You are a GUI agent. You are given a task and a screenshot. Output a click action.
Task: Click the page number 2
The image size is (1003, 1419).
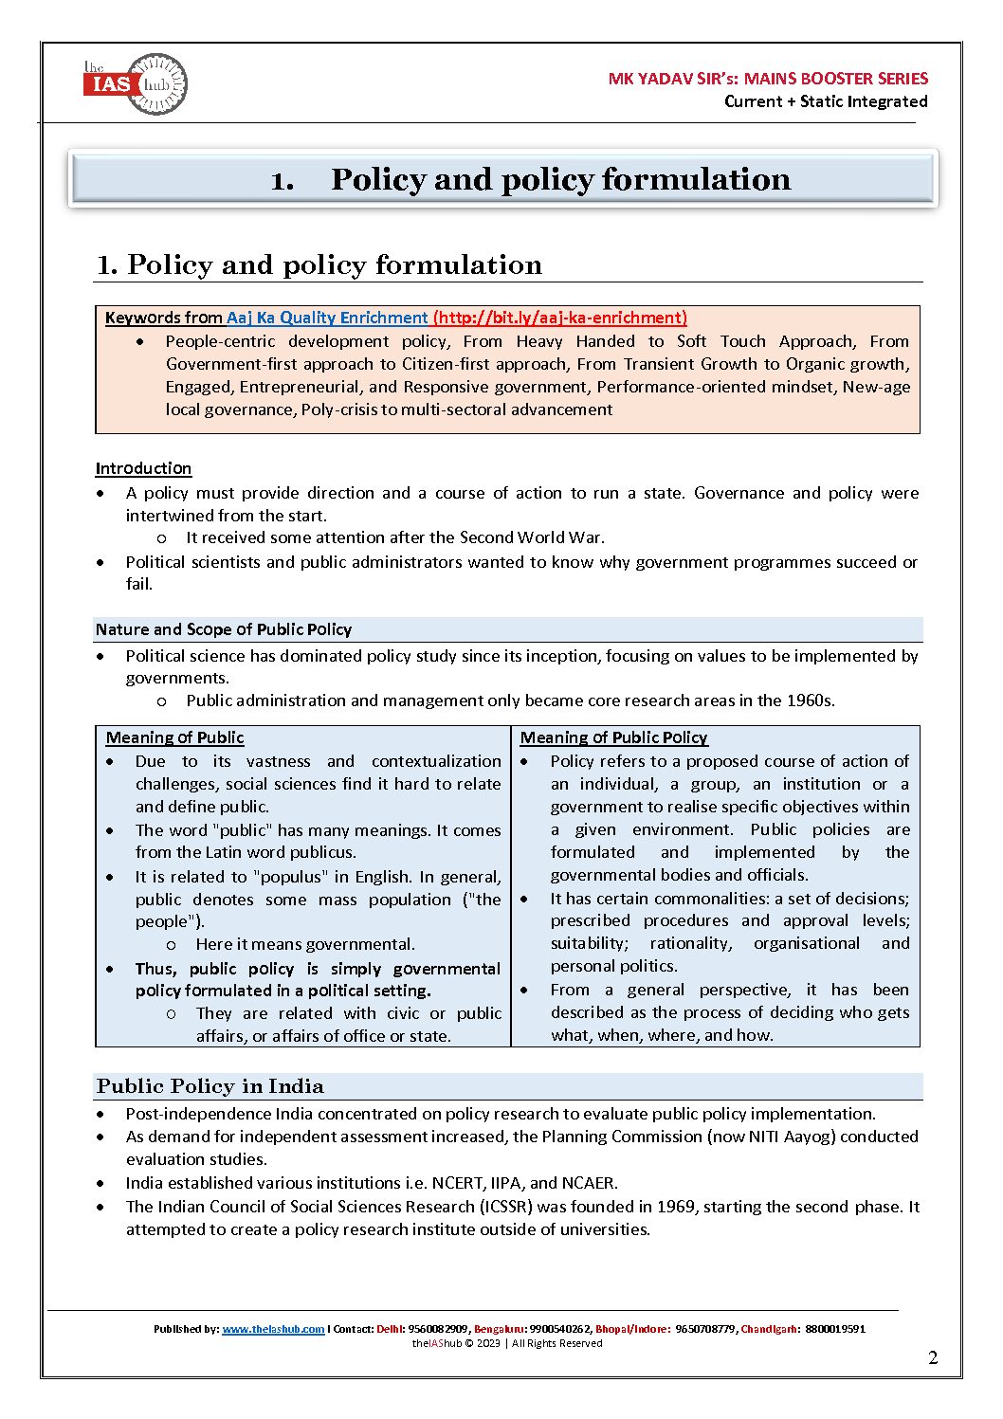[x=933, y=1357]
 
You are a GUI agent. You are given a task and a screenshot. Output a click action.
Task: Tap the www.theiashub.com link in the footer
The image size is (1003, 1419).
[x=273, y=1329]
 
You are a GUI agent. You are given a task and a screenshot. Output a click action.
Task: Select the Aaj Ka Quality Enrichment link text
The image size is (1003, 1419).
[x=327, y=318]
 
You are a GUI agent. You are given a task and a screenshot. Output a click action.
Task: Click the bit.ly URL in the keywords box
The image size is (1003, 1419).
[x=559, y=318]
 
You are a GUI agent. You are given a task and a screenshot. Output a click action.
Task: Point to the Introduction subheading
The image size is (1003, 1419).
[x=143, y=468]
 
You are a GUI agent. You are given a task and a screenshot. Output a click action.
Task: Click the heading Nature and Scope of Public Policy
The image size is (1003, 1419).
[x=224, y=629]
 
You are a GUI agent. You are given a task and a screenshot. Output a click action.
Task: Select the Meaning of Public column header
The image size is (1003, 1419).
[x=174, y=737]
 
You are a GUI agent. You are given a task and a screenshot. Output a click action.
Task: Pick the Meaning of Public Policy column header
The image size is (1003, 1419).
[x=613, y=737]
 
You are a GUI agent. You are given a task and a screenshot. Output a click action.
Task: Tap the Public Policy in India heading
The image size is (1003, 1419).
[x=210, y=1086]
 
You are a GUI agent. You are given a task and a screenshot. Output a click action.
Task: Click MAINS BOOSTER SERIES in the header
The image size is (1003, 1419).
[x=835, y=79]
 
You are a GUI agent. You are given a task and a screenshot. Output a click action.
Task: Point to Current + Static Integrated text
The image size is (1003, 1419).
[x=826, y=101]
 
